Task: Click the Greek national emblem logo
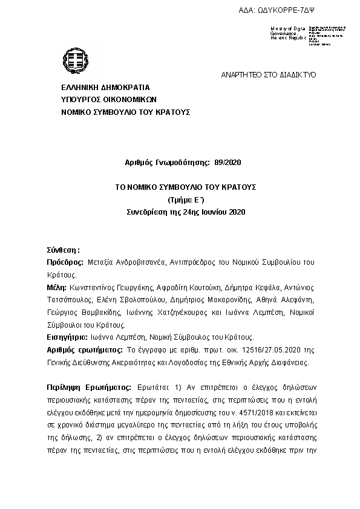coord(76,61)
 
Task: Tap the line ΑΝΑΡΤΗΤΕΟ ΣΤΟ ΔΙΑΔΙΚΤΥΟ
coord(268,75)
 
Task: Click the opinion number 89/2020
coord(227,163)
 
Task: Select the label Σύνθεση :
coord(63,250)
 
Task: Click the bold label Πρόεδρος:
coord(65,262)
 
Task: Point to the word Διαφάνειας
coord(289,363)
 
